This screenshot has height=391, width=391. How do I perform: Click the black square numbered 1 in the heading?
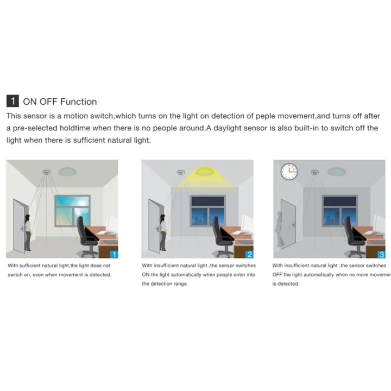click(12, 102)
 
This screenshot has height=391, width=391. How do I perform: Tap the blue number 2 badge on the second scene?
click(249, 254)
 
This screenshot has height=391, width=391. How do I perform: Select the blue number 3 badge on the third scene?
click(381, 254)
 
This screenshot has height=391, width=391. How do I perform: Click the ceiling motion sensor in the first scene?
click(46, 173)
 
